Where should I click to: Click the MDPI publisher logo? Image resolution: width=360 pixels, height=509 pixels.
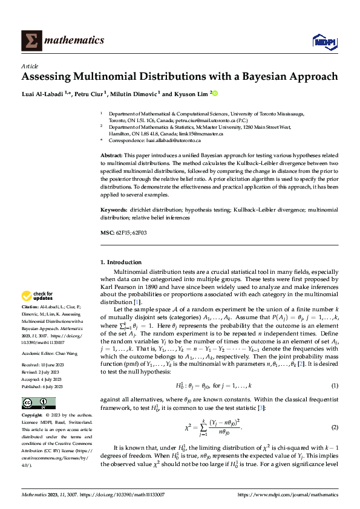[324, 41]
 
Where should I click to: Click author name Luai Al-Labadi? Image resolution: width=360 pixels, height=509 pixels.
[44, 94]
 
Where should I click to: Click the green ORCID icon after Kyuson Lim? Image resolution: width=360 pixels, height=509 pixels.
[214, 94]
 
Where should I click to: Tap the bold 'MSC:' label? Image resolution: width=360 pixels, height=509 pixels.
[106, 233]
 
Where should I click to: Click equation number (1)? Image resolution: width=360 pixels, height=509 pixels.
[335, 385]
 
